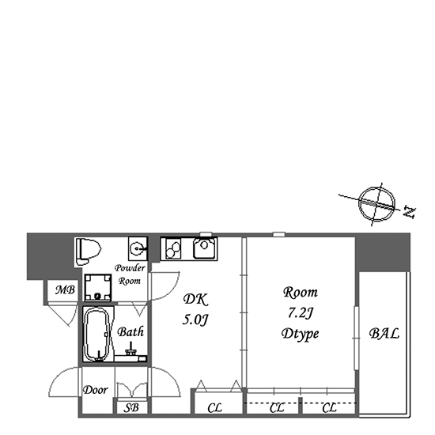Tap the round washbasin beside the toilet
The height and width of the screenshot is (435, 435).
tap(138, 248)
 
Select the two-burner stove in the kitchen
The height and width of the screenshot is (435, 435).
tap(173, 249)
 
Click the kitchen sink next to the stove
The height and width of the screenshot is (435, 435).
tap(205, 248)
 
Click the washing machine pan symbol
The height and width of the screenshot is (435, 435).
tap(98, 287)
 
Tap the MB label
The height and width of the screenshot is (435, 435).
tap(65, 290)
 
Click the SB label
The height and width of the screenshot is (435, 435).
tap(131, 407)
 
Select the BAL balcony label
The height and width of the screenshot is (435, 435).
tap(384, 333)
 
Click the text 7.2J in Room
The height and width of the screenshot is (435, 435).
tap(301, 313)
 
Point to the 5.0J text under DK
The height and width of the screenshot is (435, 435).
tap(195, 320)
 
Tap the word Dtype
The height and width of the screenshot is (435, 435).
tap(301, 334)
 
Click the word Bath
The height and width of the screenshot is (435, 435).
tap(130, 332)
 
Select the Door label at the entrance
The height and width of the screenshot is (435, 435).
tap(95, 390)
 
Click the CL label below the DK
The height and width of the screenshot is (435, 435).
tap(214, 408)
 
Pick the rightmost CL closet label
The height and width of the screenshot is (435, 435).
tap(329, 408)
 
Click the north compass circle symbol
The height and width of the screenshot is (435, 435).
tap(376, 204)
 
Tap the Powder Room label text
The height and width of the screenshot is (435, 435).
tap(130, 274)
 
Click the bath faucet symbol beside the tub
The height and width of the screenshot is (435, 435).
tap(130, 349)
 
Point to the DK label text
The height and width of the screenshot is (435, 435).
tap(195, 300)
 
